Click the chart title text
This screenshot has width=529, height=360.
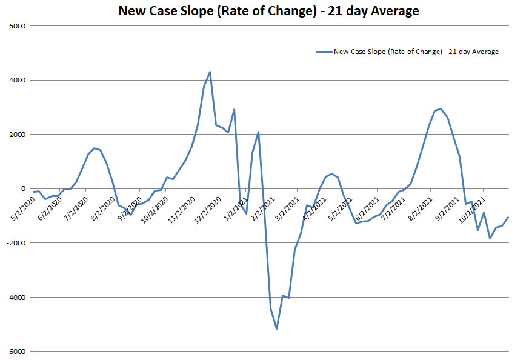[x=268, y=11]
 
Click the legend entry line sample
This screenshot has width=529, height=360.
[x=324, y=52]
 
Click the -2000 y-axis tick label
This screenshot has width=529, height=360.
[x=16, y=243]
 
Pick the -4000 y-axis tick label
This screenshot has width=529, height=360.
[x=16, y=297]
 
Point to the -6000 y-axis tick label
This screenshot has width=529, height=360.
[x=16, y=352]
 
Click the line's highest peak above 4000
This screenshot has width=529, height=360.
[x=210, y=72]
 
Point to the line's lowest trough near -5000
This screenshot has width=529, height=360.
[x=276, y=328]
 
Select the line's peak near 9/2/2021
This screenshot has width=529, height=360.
[x=441, y=109]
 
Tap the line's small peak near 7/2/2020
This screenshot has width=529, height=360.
[x=95, y=148]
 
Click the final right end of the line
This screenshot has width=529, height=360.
[x=508, y=218]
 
